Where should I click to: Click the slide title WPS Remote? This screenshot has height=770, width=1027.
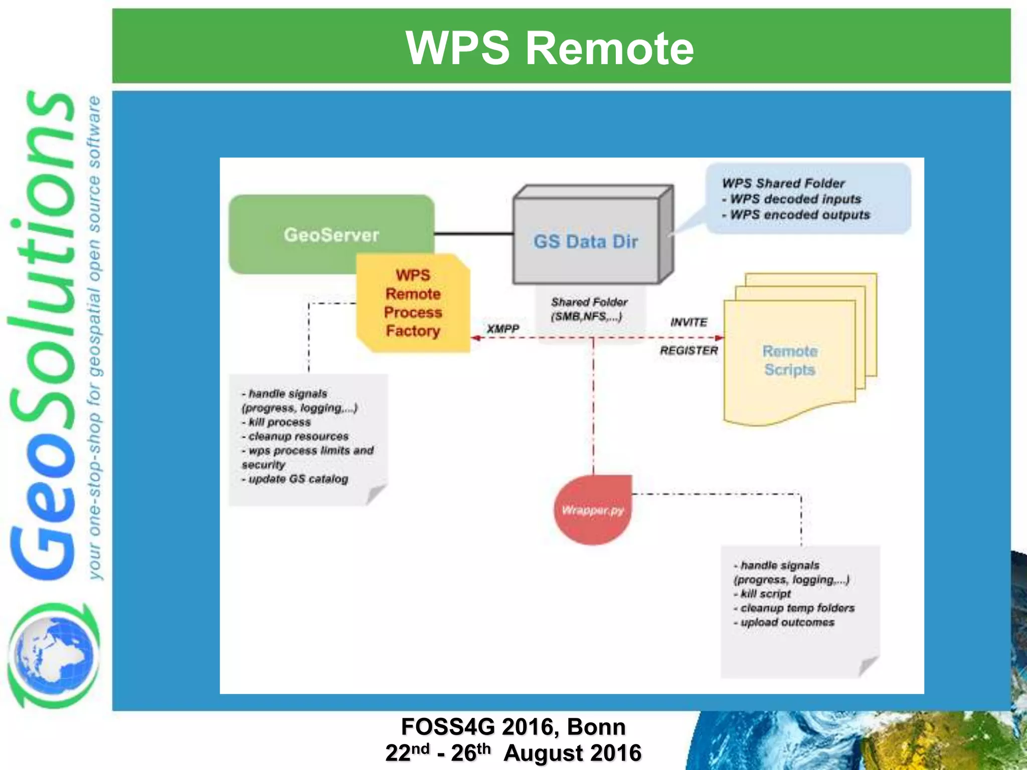pyautogui.click(x=550, y=48)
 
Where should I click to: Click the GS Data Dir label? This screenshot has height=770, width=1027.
pyautogui.click(x=586, y=242)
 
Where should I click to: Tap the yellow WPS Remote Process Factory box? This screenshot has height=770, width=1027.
pyautogui.click(x=413, y=303)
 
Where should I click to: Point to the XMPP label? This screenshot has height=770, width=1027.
pyautogui.click(x=503, y=328)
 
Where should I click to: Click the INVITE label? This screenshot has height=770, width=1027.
pyautogui.click(x=689, y=322)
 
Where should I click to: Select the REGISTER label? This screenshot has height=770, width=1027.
pyautogui.click(x=689, y=350)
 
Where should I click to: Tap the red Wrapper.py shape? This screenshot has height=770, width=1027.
pyautogui.click(x=592, y=510)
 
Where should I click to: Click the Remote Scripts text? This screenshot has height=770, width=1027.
pyautogui.click(x=790, y=360)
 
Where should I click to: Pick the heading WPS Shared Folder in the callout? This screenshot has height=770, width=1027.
pyautogui.click(x=783, y=183)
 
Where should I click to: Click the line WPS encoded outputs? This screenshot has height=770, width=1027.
pyautogui.click(x=799, y=215)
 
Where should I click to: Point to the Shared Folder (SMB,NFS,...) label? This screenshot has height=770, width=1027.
pyautogui.click(x=589, y=309)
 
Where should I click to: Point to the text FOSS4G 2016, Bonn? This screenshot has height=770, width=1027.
pyautogui.click(x=513, y=726)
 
